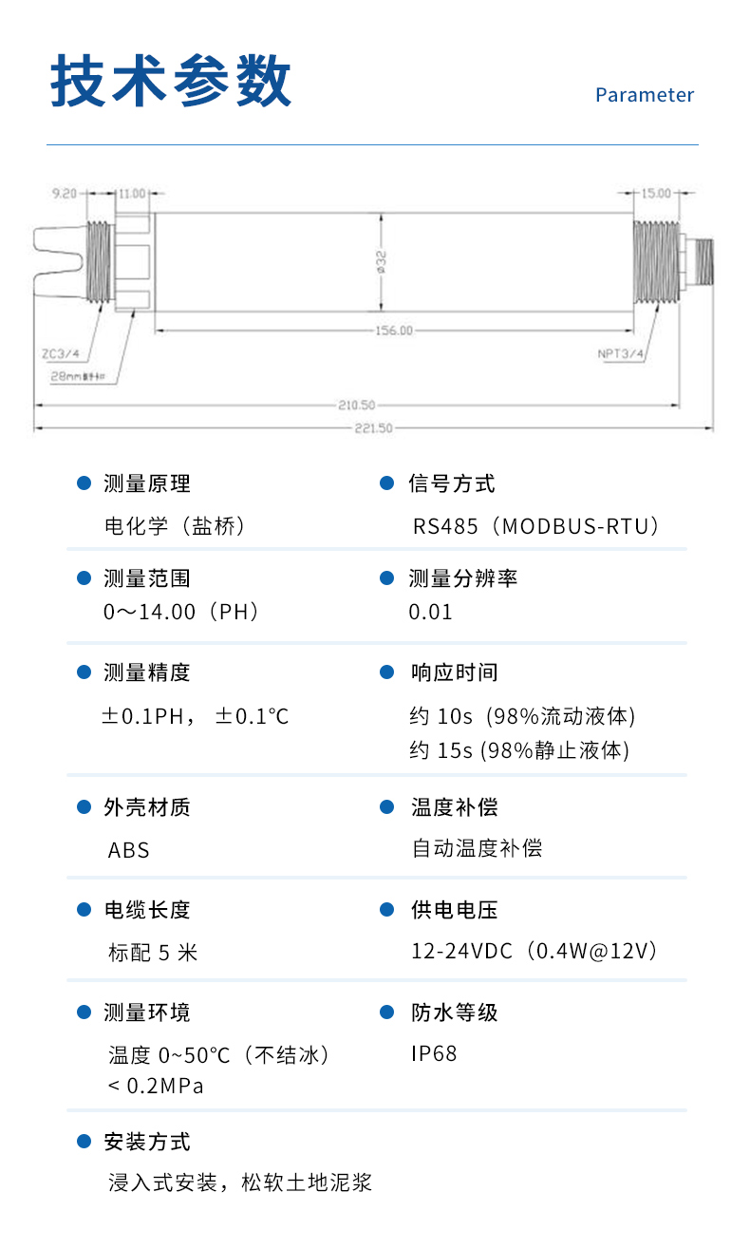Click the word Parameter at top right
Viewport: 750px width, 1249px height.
(x=645, y=95)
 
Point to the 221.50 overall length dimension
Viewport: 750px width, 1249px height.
(x=374, y=428)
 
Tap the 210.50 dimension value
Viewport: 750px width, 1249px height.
(x=356, y=405)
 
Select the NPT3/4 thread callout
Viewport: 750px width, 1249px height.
(x=621, y=354)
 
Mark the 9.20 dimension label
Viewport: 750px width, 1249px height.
(x=64, y=193)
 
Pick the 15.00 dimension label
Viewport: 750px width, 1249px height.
(x=655, y=193)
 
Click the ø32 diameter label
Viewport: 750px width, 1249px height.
(x=382, y=262)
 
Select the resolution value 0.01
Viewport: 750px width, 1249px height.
(x=431, y=612)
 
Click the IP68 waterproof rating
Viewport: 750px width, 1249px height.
(x=434, y=1053)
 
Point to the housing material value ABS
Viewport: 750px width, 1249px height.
(x=129, y=849)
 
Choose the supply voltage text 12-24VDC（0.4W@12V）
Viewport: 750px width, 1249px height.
(x=534, y=951)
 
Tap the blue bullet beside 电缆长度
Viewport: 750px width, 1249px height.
(x=84, y=909)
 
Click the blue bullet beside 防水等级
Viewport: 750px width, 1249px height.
(x=386, y=1012)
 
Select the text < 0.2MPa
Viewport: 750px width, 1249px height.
(x=156, y=1086)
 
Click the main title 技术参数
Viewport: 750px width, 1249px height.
(x=171, y=82)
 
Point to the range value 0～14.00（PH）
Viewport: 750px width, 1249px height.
(x=181, y=612)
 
